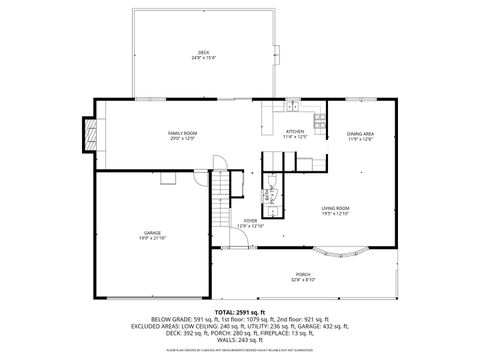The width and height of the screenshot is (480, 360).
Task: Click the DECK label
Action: click(203, 51)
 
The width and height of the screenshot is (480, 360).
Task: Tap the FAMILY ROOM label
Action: click(182, 132)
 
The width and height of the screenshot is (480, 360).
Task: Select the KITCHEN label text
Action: click(295, 131)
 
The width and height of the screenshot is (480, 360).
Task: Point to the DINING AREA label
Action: click(360, 133)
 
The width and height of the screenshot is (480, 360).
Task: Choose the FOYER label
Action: click(250, 221)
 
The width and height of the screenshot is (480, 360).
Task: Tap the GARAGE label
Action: click(152, 233)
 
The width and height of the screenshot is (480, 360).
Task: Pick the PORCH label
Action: click(302, 275)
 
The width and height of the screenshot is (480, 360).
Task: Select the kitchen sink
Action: click(293, 105)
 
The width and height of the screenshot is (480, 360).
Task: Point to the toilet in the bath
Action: click(270, 183)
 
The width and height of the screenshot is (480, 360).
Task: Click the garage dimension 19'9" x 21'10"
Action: click(152, 239)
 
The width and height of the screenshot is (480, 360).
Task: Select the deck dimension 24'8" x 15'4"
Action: click(203, 57)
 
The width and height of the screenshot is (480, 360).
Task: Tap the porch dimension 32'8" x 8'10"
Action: click(302, 281)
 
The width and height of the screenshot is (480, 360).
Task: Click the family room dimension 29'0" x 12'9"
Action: click(182, 138)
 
